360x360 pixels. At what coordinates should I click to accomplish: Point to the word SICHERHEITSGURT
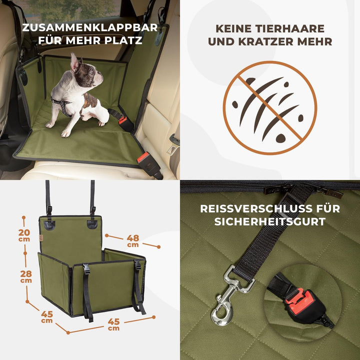click(x=270, y=221)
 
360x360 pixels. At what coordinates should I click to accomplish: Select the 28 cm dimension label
click(x=26, y=276)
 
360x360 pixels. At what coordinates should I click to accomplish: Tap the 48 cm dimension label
click(x=132, y=240)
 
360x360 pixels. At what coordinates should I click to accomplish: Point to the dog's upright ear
click(x=74, y=61)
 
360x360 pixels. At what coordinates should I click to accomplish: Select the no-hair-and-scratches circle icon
click(x=270, y=107)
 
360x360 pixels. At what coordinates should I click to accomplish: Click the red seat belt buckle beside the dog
click(x=122, y=121)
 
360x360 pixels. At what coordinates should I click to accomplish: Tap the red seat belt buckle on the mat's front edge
click(x=143, y=158)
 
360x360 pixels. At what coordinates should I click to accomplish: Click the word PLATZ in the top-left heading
click(x=125, y=39)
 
